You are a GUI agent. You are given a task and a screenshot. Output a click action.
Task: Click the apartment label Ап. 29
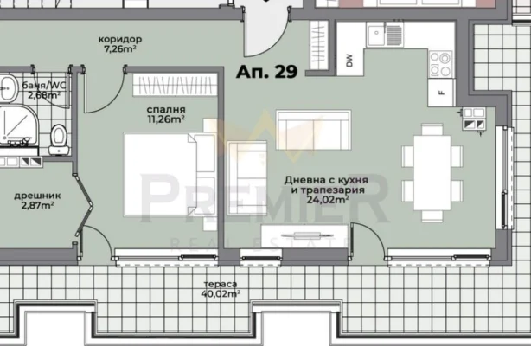pyautogui.click(x=267, y=73)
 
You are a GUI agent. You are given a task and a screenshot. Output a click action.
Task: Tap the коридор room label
pyautogui.click(x=121, y=45)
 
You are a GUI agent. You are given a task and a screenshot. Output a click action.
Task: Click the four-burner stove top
pyautogui.click(x=440, y=61)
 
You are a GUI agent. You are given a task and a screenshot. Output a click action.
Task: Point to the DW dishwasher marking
pyautogui.click(x=349, y=61)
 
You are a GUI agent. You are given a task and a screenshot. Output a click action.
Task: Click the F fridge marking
pyautogui.click(x=440, y=91)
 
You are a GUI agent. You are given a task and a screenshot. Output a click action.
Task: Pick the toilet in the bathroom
pyautogui.click(x=58, y=137)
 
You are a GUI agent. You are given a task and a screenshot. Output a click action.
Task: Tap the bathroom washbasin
pyautogui.click(x=8, y=87)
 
